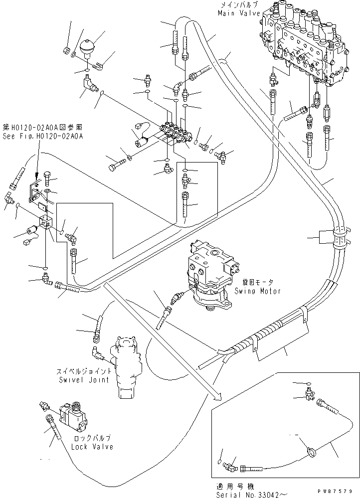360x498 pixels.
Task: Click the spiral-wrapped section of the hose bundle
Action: pyautogui.click(x=255, y=339)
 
